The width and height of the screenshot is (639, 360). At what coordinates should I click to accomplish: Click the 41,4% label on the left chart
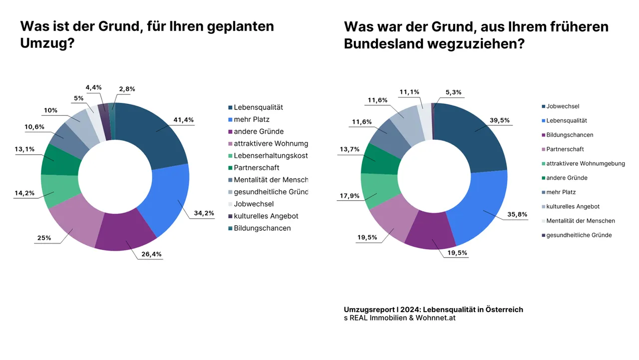pyautogui.click(x=183, y=120)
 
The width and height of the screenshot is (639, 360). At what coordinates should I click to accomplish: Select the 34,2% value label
pyautogui.click(x=204, y=213)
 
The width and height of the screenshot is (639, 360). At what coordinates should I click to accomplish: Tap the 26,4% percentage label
pyautogui.click(x=151, y=254)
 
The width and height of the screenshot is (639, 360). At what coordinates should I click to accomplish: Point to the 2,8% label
pyautogui.click(x=127, y=89)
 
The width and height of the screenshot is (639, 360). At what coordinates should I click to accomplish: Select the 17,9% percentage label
pyautogui.click(x=349, y=196)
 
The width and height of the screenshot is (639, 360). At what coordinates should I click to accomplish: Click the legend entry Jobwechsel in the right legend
pyautogui.click(x=563, y=106)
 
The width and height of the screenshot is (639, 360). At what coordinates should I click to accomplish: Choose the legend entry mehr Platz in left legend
pyautogui.click(x=252, y=119)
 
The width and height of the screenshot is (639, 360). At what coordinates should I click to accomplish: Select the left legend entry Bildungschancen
pyautogui.click(x=262, y=228)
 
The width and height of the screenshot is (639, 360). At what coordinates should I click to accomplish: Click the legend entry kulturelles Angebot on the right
pyautogui.click(x=573, y=206)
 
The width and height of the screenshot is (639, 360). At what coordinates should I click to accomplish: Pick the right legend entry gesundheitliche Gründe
pyautogui.click(x=579, y=235)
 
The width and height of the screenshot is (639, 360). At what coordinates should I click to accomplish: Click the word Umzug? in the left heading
pyautogui.click(x=47, y=43)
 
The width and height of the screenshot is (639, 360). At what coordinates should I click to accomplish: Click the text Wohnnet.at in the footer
pyautogui.click(x=435, y=318)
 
